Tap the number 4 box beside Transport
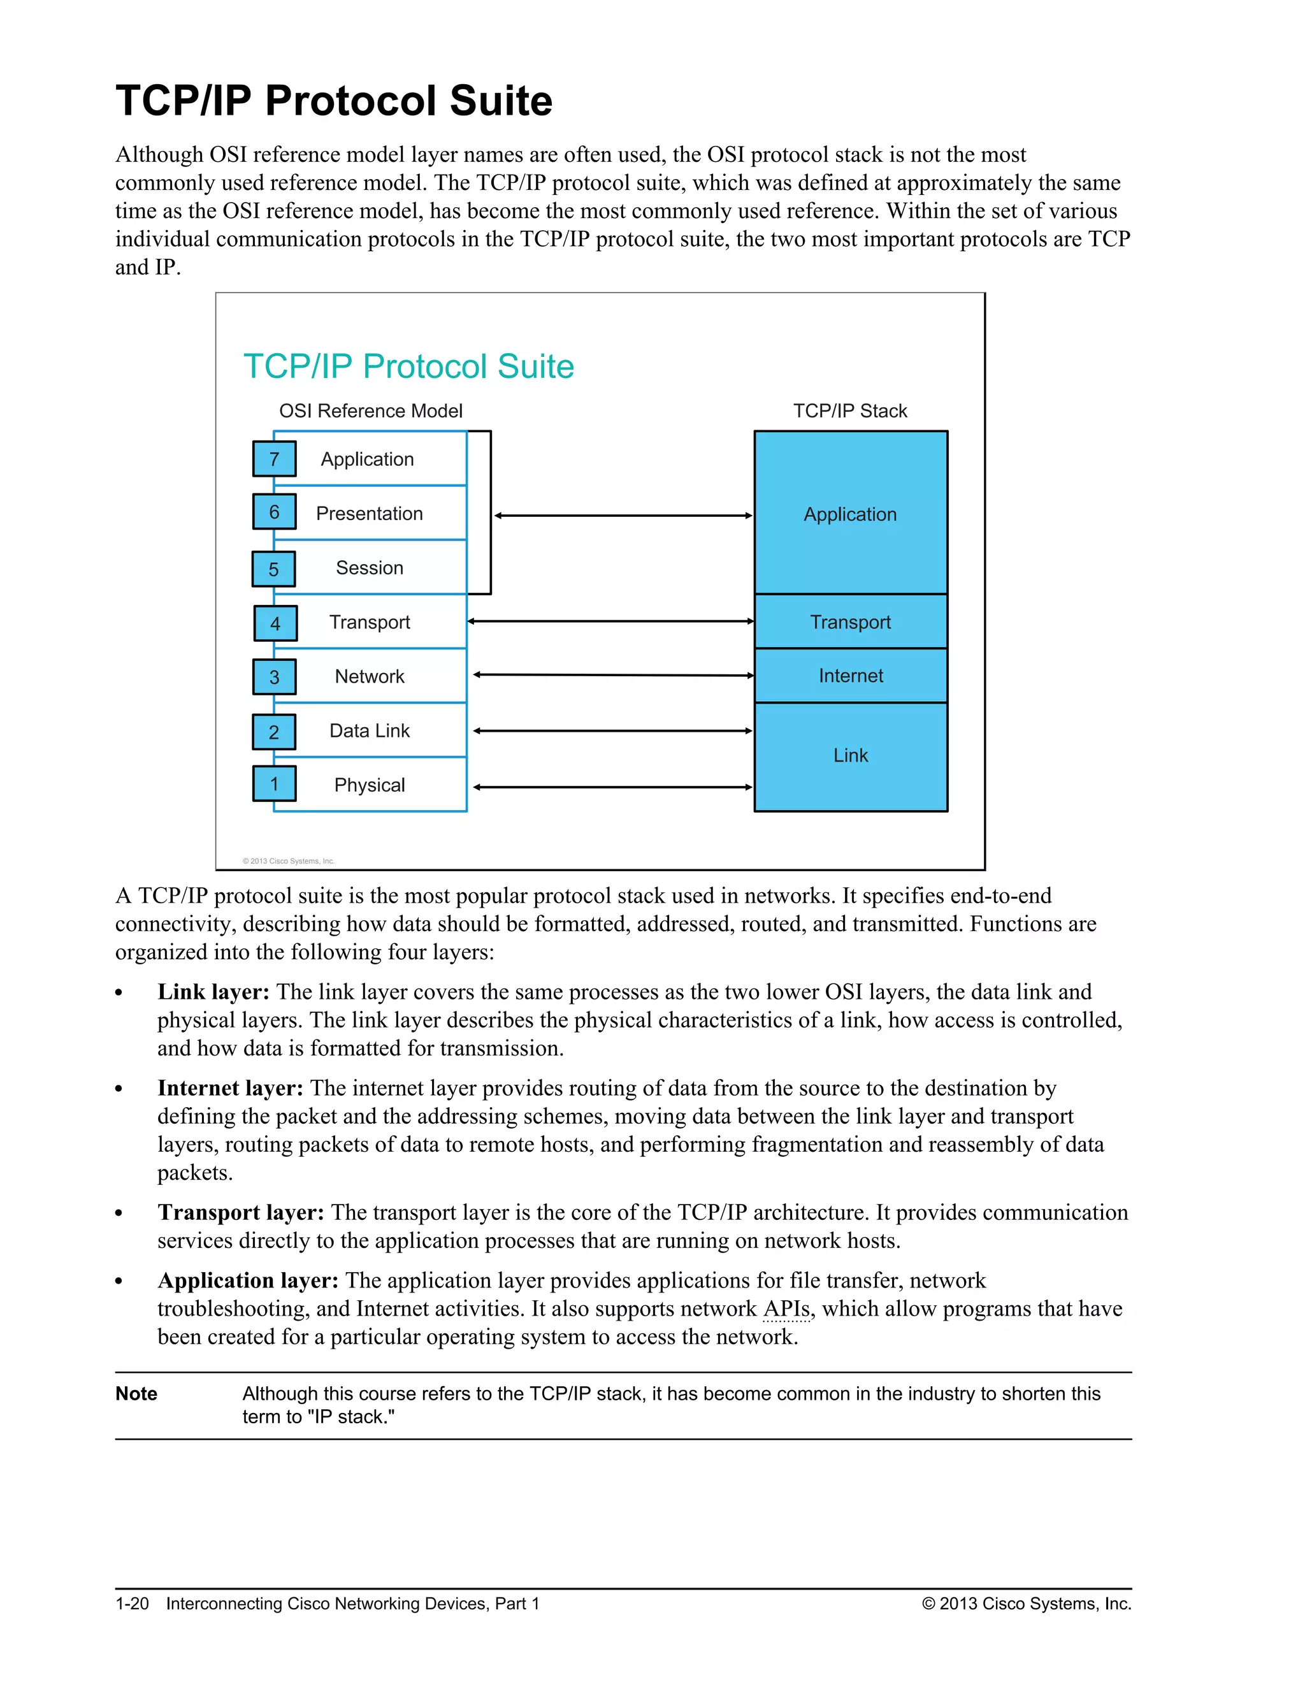pos(275,623)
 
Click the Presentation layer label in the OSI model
pos(370,514)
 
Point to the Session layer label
pos(370,568)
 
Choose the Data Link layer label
pos(370,731)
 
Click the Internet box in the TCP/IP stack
pos(851,676)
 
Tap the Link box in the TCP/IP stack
pos(851,755)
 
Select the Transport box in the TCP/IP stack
pos(851,622)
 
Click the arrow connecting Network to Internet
pos(613,675)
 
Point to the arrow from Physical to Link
pos(613,787)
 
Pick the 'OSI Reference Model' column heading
pos(371,410)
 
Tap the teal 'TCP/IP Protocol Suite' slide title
pos(409,366)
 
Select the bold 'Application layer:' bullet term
pos(248,1280)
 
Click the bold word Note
pos(136,1393)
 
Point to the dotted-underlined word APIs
pos(787,1309)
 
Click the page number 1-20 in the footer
pos(132,1604)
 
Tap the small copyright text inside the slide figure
pos(289,860)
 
